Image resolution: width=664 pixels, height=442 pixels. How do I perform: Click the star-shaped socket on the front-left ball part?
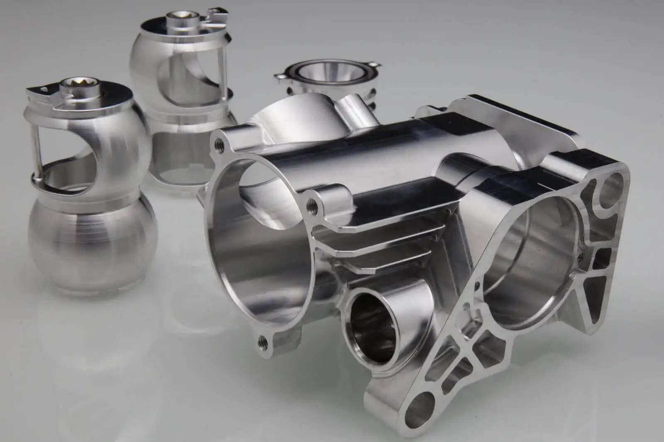click(72, 87)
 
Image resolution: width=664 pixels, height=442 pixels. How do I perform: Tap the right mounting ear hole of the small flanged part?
click(376, 66)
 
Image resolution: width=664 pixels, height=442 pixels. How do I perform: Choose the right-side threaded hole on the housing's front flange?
click(312, 204)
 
